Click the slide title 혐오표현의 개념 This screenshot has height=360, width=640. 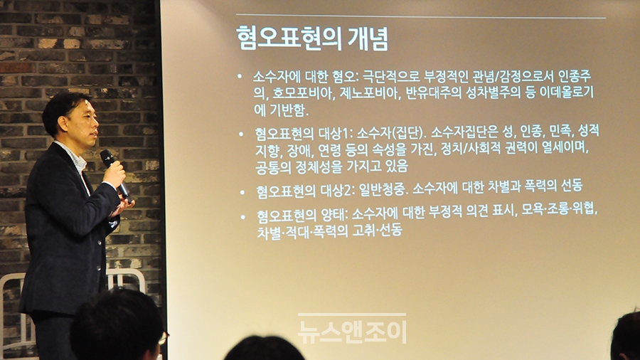[x=312, y=38]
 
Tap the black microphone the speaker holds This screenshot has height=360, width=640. [x=116, y=176]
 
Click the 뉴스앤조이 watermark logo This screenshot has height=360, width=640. [x=352, y=329]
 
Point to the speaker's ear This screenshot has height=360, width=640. [x=63, y=123]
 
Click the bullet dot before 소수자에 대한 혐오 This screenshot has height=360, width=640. [x=240, y=76]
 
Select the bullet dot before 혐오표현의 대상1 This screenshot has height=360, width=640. [x=241, y=134]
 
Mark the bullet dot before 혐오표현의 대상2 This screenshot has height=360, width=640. [x=242, y=192]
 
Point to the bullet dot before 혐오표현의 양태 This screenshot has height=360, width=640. [x=243, y=217]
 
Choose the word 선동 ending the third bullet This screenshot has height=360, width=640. [x=572, y=186]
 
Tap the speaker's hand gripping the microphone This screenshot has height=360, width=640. [x=114, y=174]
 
